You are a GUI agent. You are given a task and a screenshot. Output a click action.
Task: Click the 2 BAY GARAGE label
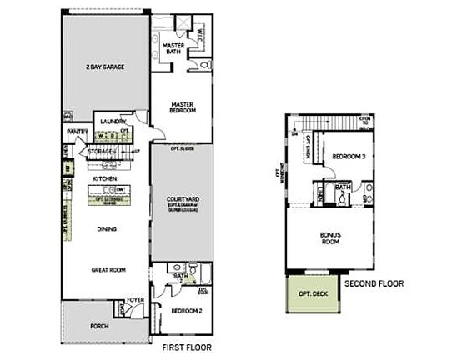[x=103, y=67]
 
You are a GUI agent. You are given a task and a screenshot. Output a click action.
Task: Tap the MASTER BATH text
[x=173, y=50]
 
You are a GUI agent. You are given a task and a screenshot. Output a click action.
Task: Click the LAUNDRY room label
[x=113, y=122]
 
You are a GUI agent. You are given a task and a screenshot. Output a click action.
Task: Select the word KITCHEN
[x=104, y=178]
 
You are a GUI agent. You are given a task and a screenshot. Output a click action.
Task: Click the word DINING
[x=105, y=228]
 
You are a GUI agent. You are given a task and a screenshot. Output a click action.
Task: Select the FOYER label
[x=135, y=299]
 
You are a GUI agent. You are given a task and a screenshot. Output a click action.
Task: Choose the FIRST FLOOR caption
[x=178, y=341]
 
